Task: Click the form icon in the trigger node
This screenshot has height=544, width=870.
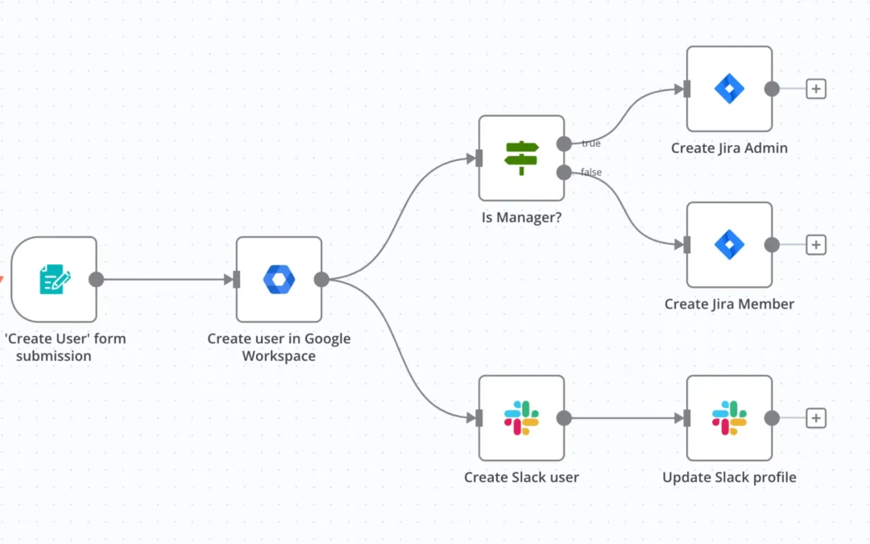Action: [x=54, y=280]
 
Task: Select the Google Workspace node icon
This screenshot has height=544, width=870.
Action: [x=279, y=280]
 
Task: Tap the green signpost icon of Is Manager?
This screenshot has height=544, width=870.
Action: [x=521, y=158]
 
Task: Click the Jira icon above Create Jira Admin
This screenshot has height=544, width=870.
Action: [x=729, y=89]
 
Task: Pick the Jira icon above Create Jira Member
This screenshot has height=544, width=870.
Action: [x=729, y=245]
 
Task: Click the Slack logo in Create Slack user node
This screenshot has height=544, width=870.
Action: [x=521, y=417]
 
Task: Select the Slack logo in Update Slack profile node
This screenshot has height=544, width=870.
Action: [x=729, y=417]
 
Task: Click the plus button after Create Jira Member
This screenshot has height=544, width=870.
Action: [x=816, y=245]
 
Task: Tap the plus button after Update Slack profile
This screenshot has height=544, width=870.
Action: [x=816, y=417]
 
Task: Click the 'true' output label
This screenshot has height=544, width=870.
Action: [x=591, y=143]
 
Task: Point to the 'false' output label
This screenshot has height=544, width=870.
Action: [x=591, y=172]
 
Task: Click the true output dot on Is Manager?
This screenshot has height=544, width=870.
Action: [x=564, y=143]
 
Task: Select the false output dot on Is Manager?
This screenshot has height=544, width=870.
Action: [x=564, y=172]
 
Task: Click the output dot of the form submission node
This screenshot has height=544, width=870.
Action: [x=97, y=280]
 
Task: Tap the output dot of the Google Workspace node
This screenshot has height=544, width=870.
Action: [x=321, y=280]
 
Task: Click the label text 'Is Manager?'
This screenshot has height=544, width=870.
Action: [x=521, y=217]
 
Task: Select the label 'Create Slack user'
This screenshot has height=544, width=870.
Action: [x=521, y=477]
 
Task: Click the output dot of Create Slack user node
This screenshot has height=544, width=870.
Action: [x=564, y=417]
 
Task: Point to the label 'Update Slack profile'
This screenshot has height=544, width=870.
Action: [x=729, y=477]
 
